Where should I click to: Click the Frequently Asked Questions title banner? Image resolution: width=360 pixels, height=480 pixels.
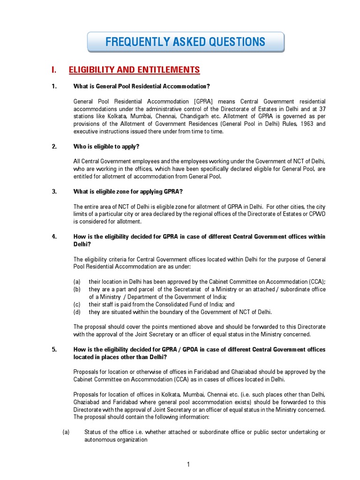[x=186, y=42]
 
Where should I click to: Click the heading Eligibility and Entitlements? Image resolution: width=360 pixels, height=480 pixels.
[x=134, y=70]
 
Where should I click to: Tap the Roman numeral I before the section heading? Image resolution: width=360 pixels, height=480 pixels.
[x=54, y=70]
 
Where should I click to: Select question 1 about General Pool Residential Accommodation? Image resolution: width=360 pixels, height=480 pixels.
[x=142, y=86]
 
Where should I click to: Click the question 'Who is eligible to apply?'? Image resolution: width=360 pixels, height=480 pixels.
[x=106, y=147]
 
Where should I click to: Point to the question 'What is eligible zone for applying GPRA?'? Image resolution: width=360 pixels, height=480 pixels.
[x=128, y=191]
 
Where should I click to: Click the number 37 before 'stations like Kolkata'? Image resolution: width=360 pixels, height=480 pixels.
[x=321, y=109]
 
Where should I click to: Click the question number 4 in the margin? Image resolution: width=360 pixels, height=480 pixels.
[x=54, y=237]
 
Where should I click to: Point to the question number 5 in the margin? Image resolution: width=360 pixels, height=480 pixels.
[x=54, y=350]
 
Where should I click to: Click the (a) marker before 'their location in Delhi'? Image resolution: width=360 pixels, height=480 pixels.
[x=77, y=282]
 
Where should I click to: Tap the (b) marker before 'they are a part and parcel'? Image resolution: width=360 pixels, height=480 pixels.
[x=77, y=289]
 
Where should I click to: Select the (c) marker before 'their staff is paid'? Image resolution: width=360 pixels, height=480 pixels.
[x=77, y=304]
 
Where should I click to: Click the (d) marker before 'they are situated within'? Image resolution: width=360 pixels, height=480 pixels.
[x=77, y=312]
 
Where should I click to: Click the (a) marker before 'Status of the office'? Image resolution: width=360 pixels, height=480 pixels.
[x=66, y=432]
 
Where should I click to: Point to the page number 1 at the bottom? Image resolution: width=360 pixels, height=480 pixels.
[x=188, y=465]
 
